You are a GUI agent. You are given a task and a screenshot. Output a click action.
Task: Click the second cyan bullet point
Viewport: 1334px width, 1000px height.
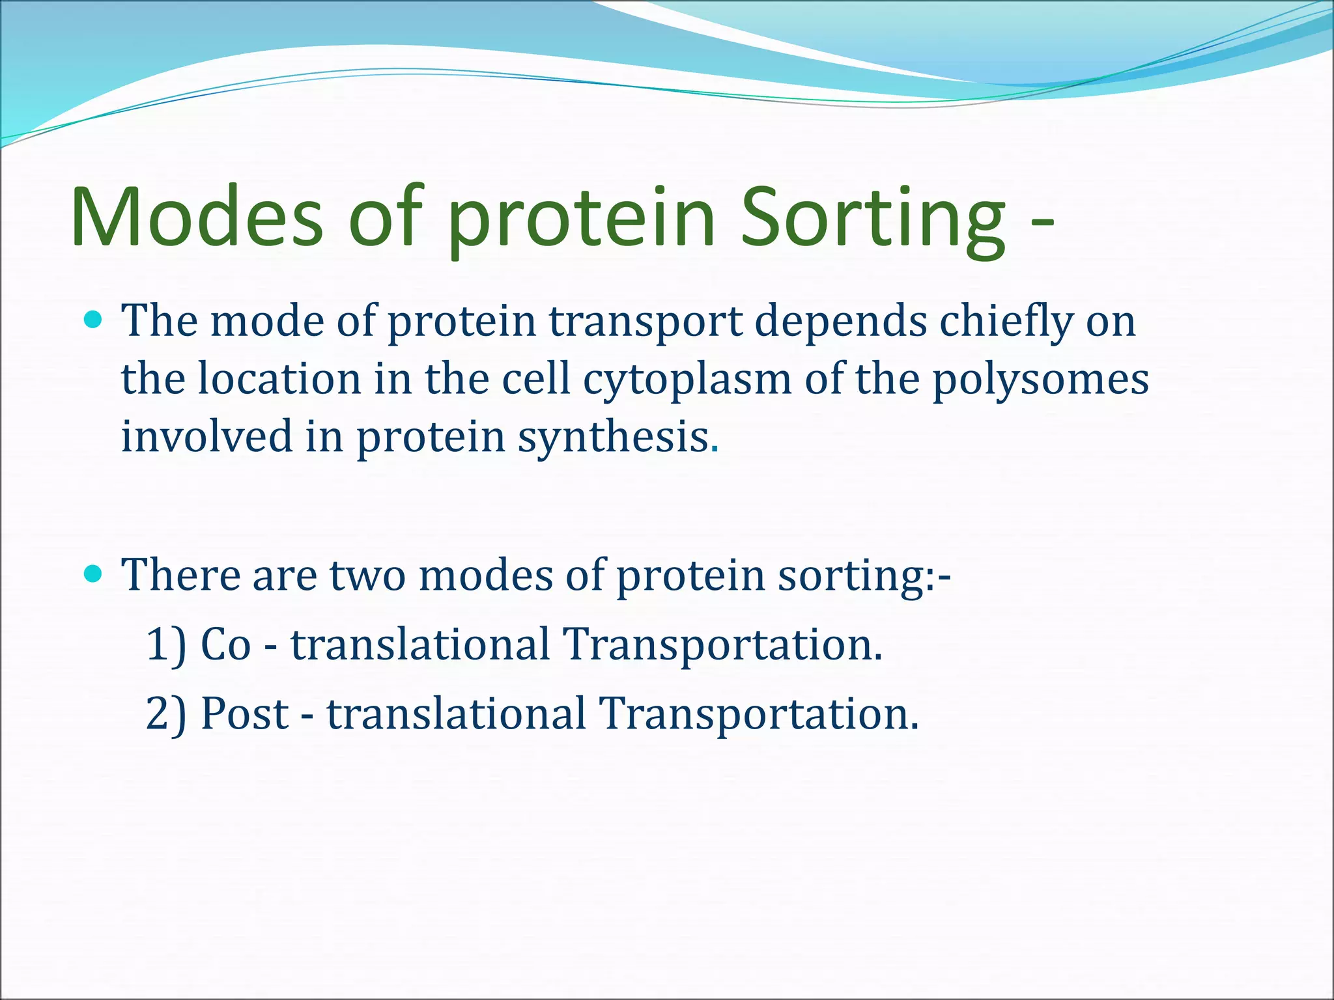coord(94,573)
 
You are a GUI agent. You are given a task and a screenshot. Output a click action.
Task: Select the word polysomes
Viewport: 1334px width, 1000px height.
coord(1041,380)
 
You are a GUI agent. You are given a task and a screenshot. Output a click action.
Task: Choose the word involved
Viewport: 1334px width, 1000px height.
coord(207,436)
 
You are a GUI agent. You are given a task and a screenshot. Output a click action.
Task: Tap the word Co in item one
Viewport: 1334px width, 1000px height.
coord(225,645)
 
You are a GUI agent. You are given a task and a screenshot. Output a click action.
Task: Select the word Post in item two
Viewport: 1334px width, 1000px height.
coord(244,714)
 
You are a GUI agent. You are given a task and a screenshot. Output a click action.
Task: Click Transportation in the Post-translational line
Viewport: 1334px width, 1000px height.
coord(758,714)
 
